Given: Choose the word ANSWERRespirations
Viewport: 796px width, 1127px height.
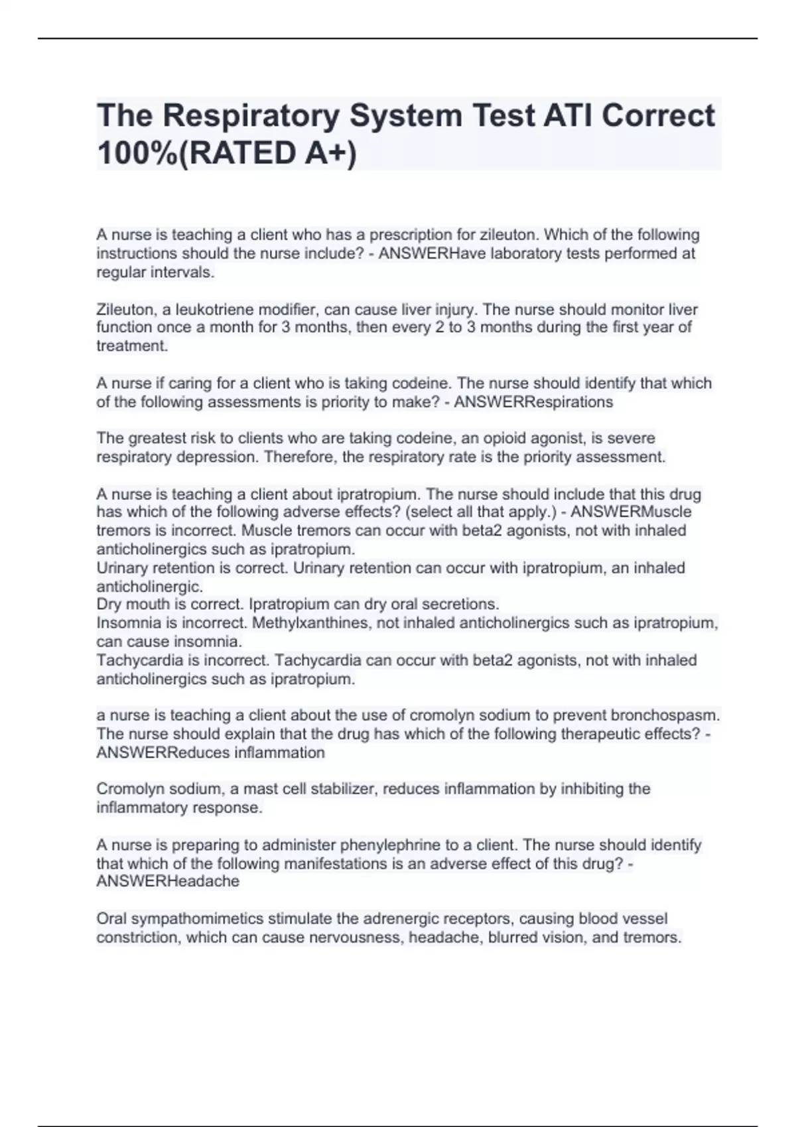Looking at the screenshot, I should (533, 402).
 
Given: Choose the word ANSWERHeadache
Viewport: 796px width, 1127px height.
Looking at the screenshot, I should (168, 882).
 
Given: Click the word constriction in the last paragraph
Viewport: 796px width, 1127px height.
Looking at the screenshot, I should (137, 937).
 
